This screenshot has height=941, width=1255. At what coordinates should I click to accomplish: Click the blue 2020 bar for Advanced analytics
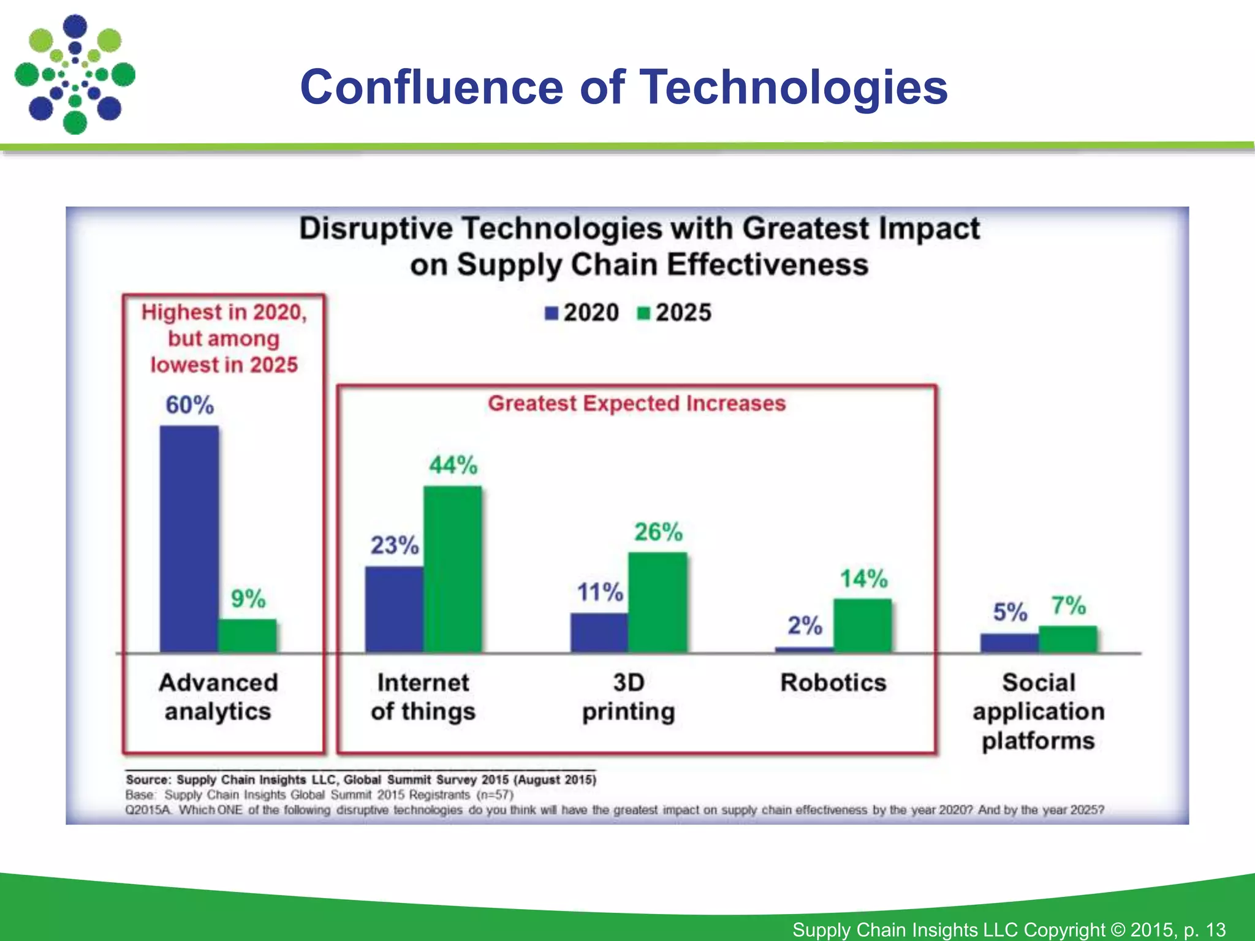point(189,539)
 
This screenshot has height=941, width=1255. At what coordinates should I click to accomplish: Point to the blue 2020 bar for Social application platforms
point(1009,643)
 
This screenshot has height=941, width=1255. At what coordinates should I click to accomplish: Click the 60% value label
point(189,405)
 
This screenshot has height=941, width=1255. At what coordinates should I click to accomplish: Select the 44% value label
point(453,465)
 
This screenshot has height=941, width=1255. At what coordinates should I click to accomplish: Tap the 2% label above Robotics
point(805,625)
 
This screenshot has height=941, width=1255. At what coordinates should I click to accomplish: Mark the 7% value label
point(1069,605)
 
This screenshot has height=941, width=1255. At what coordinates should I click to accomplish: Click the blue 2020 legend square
point(552,313)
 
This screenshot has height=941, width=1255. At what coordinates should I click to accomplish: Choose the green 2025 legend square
point(643,313)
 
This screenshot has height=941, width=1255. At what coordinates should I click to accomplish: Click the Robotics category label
point(833,682)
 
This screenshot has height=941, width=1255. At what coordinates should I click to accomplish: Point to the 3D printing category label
point(629,697)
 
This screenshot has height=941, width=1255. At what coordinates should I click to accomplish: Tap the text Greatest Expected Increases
point(637,403)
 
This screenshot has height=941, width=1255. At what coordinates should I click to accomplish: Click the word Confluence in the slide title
point(431,87)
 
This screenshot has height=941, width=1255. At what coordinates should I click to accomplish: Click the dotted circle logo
point(75,75)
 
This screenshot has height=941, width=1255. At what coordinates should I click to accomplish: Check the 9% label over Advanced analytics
point(248,599)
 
